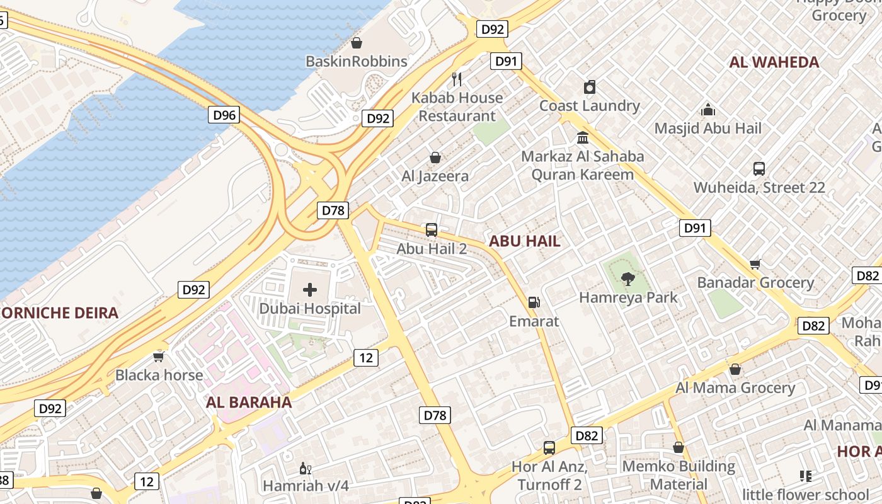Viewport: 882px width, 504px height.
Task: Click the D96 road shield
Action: pos(224,115)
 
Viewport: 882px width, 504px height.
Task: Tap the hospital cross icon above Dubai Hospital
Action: pos(310,290)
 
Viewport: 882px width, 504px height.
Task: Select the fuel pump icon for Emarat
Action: pos(534,302)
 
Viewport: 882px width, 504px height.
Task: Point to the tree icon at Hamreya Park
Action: pos(627,278)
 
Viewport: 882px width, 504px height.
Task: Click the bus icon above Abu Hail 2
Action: pos(432,230)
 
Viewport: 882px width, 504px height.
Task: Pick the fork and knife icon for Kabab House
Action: pos(457,79)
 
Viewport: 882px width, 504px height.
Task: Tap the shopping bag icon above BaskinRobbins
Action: pos(357,43)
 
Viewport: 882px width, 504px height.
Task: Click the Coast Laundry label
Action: pos(589,106)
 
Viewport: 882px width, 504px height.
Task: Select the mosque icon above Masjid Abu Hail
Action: pos(708,110)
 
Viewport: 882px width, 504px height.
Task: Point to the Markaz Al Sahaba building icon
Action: pos(583,137)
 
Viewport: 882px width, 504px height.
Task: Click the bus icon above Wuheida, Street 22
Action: pos(759,169)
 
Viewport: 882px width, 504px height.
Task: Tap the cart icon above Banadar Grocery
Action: pos(755,264)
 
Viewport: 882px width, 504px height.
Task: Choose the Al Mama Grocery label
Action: pos(735,387)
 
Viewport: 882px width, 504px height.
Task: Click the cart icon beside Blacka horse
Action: pos(159,357)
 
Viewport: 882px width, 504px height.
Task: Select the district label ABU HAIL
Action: pos(524,241)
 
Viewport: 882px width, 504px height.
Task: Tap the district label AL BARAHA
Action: pos(249,403)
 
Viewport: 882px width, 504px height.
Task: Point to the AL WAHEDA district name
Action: pos(774,62)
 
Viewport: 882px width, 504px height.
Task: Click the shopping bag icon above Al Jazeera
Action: pos(435,157)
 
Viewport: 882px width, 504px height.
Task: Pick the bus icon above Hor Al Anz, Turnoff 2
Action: pos(549,448)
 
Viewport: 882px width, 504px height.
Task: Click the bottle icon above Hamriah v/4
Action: pos(305,468)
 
